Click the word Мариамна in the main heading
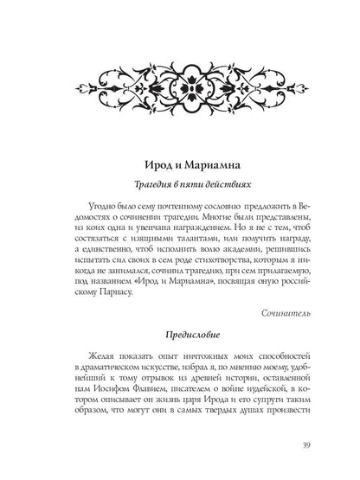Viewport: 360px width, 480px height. [x=208, y=163]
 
